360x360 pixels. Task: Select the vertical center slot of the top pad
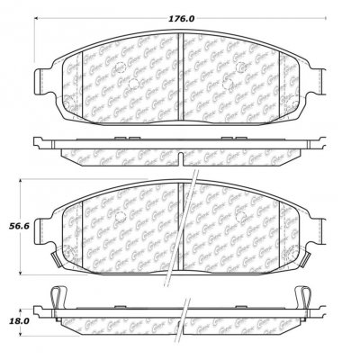180,66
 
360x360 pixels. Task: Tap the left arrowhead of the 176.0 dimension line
38,24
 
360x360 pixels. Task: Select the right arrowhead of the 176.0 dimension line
323,24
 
